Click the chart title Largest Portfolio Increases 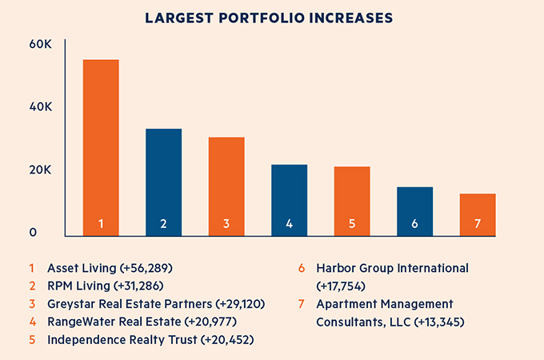click(x=272, y=17)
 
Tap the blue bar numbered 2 click(x=163, y=182)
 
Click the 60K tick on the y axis click(x=40, y=45)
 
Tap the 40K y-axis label click(x=40, y=108)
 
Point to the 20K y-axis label click(x=40, y=170)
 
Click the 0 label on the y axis click(x=34, y=233)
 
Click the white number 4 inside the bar click(x=289, y=224)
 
